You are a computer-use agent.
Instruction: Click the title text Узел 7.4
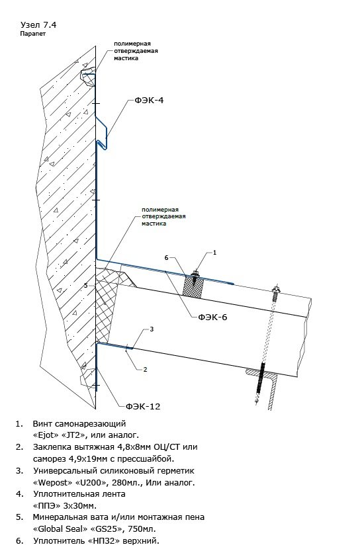38,24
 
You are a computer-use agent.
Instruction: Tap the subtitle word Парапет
32,34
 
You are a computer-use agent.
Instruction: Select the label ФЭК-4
149,100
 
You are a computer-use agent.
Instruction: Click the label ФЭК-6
212,318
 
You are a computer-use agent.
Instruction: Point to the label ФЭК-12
143,407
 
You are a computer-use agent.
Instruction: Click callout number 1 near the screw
215,252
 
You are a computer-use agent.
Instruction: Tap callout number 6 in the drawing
167,257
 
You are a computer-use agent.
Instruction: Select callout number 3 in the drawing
152,329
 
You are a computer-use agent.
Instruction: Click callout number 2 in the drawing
145,369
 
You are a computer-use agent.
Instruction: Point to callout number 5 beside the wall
86,286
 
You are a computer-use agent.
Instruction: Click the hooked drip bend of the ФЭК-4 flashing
103,144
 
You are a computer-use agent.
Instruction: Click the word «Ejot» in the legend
46,435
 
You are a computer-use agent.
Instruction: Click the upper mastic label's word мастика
126,58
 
